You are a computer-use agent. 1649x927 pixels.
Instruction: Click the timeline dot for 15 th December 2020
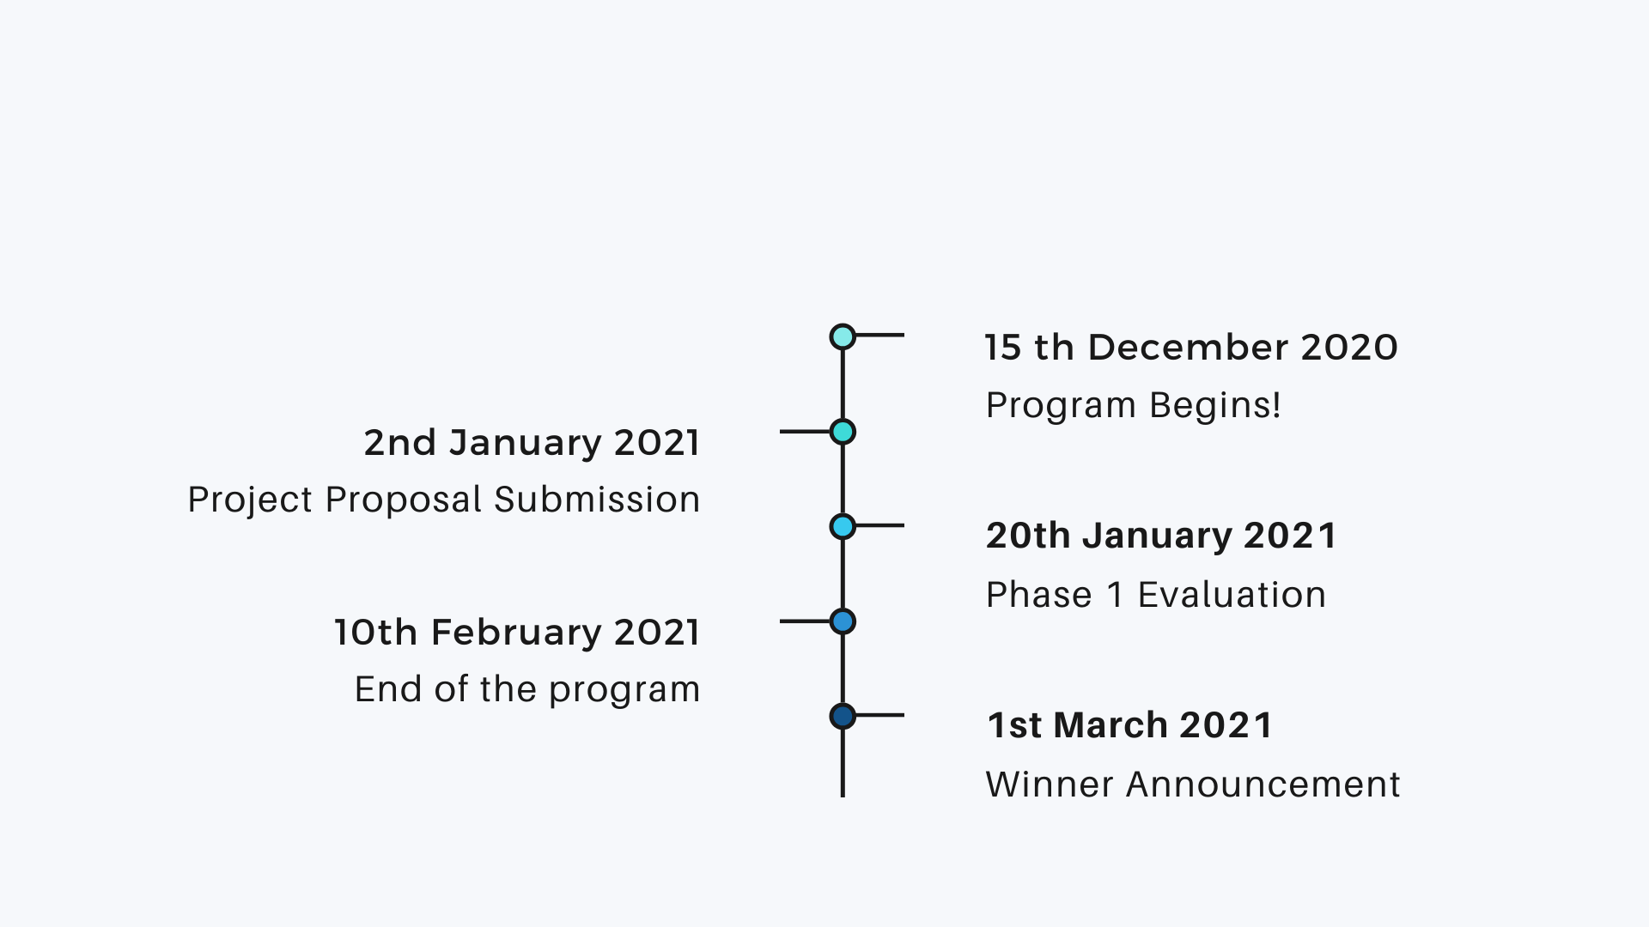[843, 336]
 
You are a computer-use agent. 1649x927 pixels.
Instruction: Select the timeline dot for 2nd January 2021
[843, 432]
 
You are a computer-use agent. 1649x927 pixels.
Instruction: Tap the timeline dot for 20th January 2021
[843, 526]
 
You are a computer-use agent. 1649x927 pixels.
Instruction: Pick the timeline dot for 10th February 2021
[843, 621]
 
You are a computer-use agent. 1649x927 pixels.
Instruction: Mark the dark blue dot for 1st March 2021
[843, 716]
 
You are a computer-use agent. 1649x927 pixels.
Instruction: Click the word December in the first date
[1188, 348]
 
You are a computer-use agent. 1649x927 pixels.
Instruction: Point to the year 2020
[1349, 348]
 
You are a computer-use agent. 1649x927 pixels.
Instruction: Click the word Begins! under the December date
[1215, 406]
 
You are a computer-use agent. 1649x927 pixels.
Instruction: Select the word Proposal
[404, 500]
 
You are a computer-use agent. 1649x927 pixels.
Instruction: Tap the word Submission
[597, 500]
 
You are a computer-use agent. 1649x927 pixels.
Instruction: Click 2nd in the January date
[400, 443]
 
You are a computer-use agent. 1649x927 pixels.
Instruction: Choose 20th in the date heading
[1028, 536]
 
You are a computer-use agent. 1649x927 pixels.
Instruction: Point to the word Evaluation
[1232, 595]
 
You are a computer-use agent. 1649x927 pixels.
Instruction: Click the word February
[516, 633]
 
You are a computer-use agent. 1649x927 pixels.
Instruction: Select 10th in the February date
[375, 633]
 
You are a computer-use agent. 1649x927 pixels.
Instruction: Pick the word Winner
[1050, 785]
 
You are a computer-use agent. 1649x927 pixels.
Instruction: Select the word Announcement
[1263, 785]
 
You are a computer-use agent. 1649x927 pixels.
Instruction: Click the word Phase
[1039, 595]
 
